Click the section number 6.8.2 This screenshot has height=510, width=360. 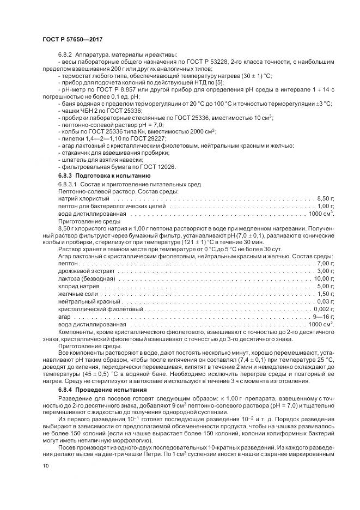(x=66, y=55)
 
